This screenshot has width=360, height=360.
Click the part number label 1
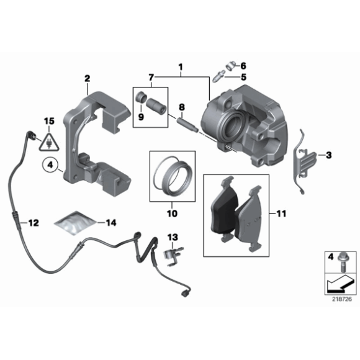click(x=181, y=66)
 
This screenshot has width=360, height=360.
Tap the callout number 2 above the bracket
click(x=88, y=78)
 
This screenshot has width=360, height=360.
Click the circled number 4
click(x=50, y=166)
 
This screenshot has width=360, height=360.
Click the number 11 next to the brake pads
click(x=281, y=214)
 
